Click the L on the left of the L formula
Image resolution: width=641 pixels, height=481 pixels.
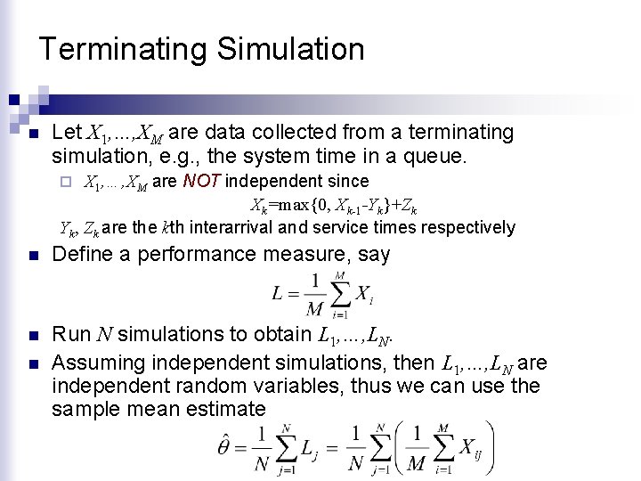(x=280, y=294)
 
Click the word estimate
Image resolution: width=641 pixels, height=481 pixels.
(x=224, y=410)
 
